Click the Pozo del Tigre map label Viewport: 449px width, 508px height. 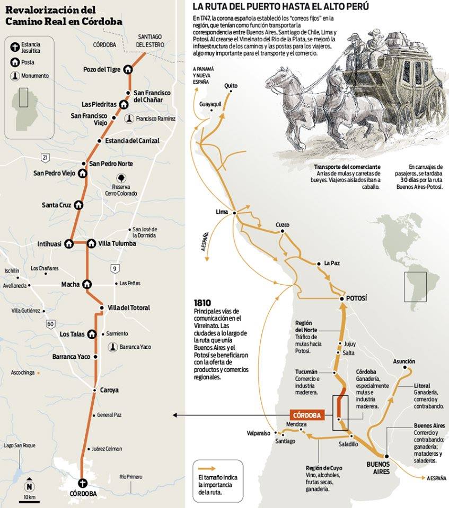102,69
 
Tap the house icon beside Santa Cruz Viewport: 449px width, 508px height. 79,205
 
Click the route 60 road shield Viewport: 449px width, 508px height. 50,323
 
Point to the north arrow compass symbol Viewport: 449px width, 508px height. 30,486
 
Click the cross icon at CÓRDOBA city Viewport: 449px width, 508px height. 82,482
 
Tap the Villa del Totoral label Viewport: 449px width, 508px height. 129,307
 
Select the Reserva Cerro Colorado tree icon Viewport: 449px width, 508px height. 121,178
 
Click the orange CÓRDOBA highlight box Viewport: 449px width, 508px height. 307,415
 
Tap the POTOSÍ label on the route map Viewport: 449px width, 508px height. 356,299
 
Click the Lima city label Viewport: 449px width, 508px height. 222,212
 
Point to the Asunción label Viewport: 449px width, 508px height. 404,361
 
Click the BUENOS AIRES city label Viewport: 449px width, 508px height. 378,468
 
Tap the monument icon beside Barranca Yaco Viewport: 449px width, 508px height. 112,347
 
